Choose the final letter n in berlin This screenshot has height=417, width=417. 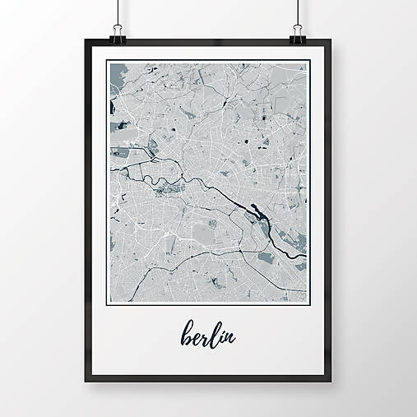(232, 337)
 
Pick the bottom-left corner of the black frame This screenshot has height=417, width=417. (86, 382)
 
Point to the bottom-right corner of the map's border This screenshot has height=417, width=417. (310, 302)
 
